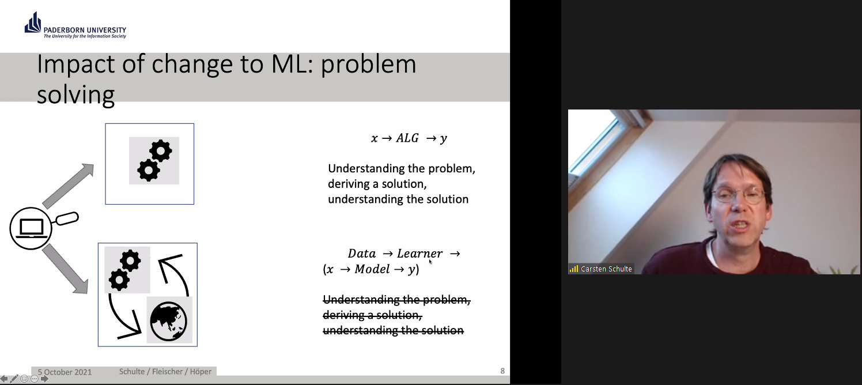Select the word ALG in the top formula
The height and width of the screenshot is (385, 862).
coord(407,138)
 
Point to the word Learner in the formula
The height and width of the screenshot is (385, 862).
coord(420,254)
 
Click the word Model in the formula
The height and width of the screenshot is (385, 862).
coord(372,269)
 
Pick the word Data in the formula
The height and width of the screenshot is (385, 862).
coord(362,254)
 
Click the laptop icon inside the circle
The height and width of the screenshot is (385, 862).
coord(31,228)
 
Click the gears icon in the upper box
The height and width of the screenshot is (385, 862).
coord(154,160)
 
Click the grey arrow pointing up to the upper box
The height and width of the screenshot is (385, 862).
coord(69,186)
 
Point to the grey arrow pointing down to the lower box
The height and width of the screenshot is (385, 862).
coord(66,270)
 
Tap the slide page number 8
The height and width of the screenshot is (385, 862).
coord(502,371)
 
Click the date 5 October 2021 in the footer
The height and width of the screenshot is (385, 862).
coord(65,372)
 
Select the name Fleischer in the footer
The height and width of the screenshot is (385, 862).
coord(168,372)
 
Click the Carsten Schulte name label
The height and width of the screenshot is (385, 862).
coord(606,269)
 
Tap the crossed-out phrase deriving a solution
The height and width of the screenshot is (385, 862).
coord(372,315)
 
